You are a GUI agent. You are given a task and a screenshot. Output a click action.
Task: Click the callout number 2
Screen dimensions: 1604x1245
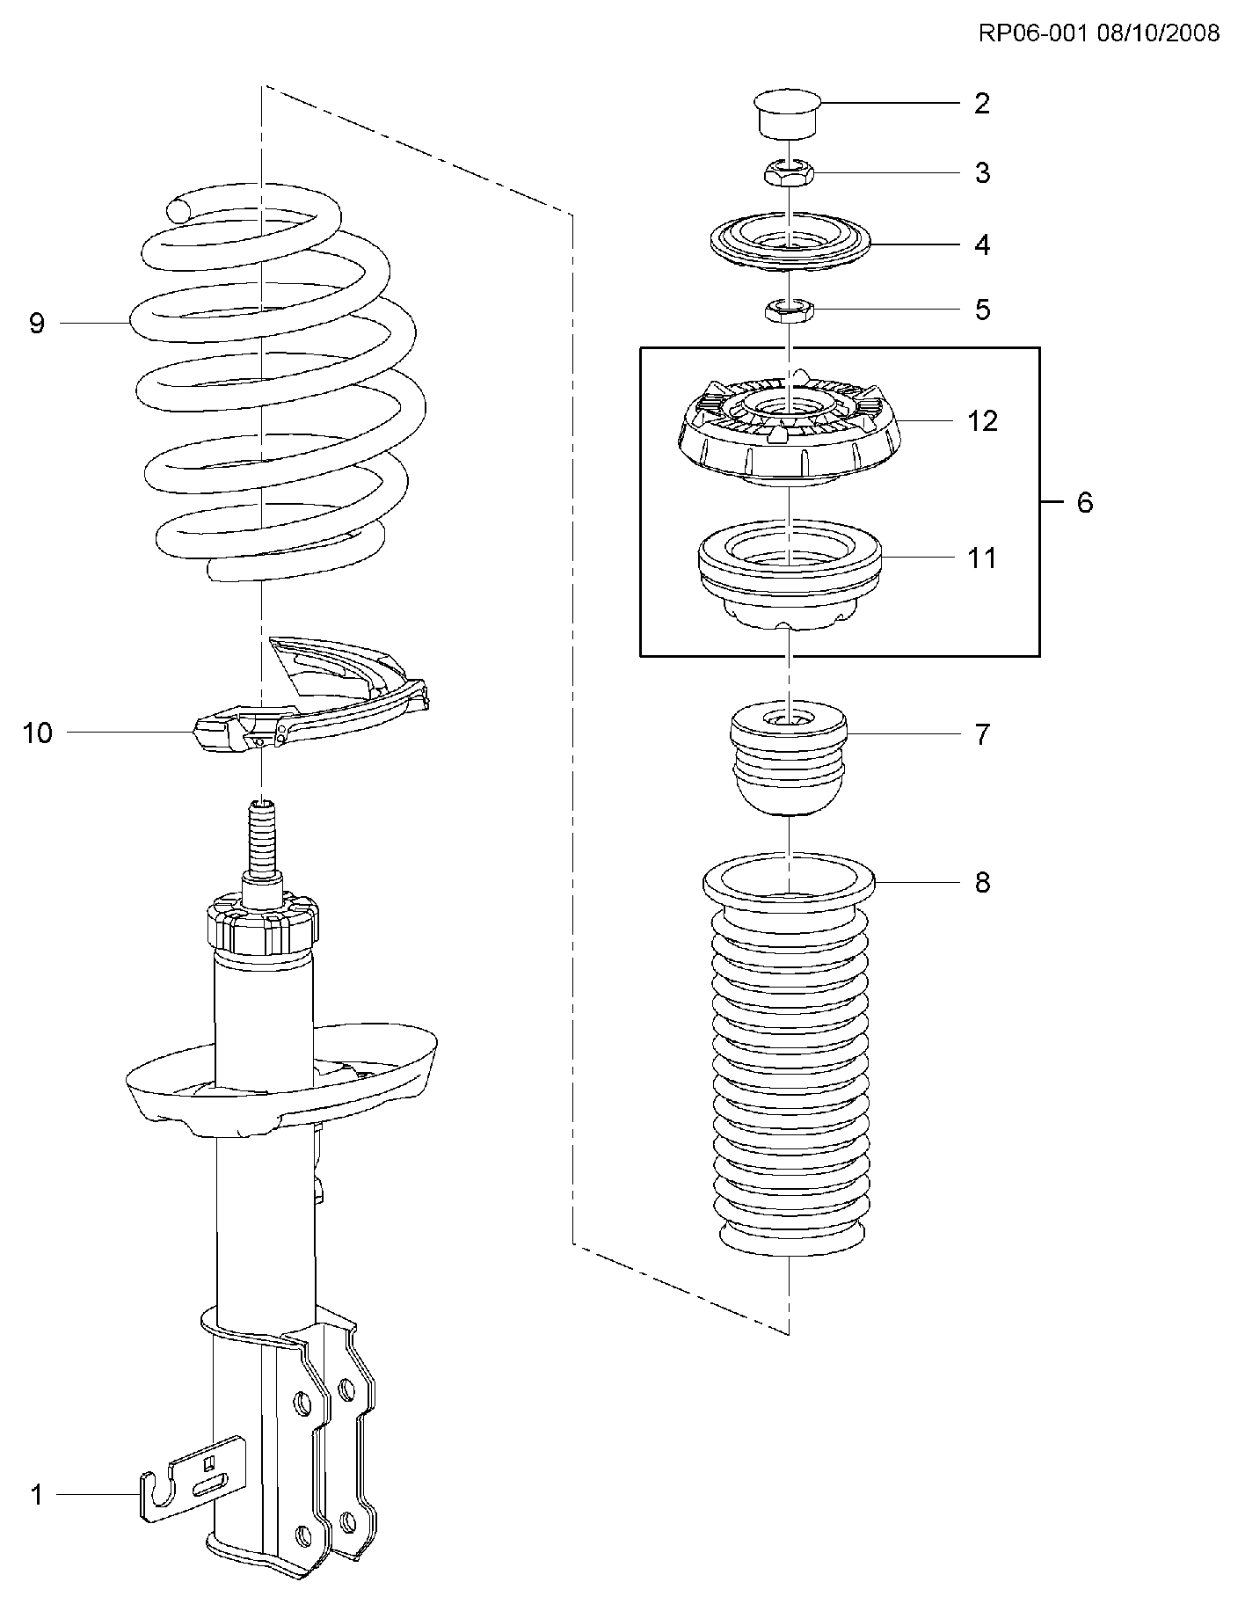(x=981, y=104)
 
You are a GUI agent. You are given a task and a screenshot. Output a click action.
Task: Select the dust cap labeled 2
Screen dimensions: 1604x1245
(x=788, y=113)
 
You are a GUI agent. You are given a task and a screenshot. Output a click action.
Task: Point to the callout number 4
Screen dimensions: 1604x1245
(x=981, y=244)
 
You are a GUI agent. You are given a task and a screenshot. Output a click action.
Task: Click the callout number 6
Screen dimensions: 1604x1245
(x=1084, y=503)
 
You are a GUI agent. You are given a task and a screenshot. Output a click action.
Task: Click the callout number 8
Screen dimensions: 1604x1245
(x=981, y=882)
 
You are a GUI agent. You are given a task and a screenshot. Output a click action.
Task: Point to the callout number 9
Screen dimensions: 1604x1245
(x=37, y=324)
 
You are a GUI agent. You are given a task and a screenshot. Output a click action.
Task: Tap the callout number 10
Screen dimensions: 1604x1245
(x=37, y=733)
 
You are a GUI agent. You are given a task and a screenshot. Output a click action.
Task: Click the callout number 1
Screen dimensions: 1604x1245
(x=37, y=1493)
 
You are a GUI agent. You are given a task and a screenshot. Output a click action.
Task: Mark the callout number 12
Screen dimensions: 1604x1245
(x=982, y=421)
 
